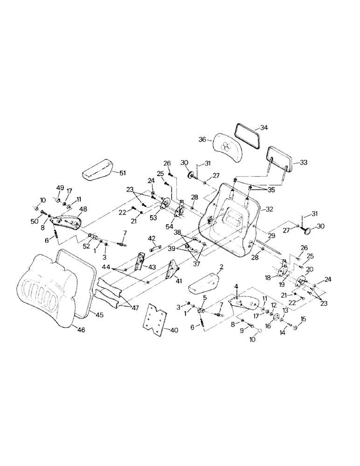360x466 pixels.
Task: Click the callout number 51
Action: [x=122, y=173]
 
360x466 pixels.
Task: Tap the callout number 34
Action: [x=264, y=127]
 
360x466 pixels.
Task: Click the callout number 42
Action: [x=152, y=238]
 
